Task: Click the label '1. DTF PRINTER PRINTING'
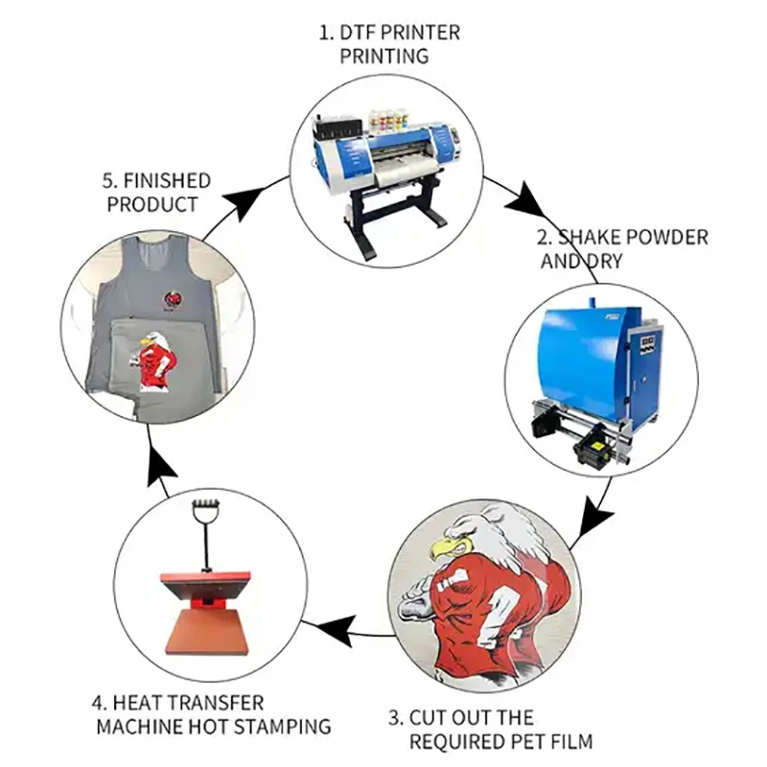(388, 43)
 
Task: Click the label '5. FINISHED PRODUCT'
(157, 192)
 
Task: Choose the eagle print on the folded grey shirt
(155, 359)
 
